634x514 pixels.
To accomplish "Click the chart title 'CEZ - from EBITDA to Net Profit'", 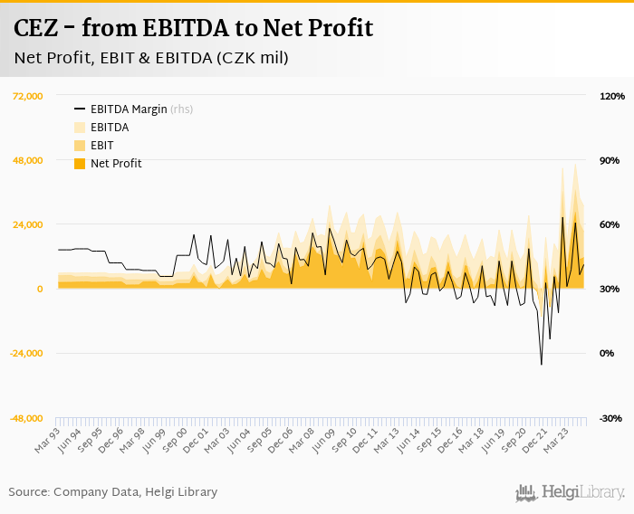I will click(193, 28).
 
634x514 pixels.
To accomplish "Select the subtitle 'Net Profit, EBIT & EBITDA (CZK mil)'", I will click(151, 59).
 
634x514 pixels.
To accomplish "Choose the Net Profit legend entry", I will click(116, 164).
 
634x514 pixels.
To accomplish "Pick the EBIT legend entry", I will click(101, 146).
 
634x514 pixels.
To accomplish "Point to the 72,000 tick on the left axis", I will click(25, 96).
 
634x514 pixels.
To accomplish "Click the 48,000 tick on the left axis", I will click(25, 160).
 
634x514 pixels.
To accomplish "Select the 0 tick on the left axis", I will click(39, 290).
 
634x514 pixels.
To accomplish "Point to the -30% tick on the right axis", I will click(610, 418).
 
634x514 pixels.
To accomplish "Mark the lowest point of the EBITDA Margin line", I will click(542, 365).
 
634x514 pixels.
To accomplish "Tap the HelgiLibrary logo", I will click(571, 492).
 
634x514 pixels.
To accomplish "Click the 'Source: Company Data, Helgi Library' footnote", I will click(113, 492).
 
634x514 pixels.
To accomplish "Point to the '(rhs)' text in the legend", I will click(181, 109).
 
